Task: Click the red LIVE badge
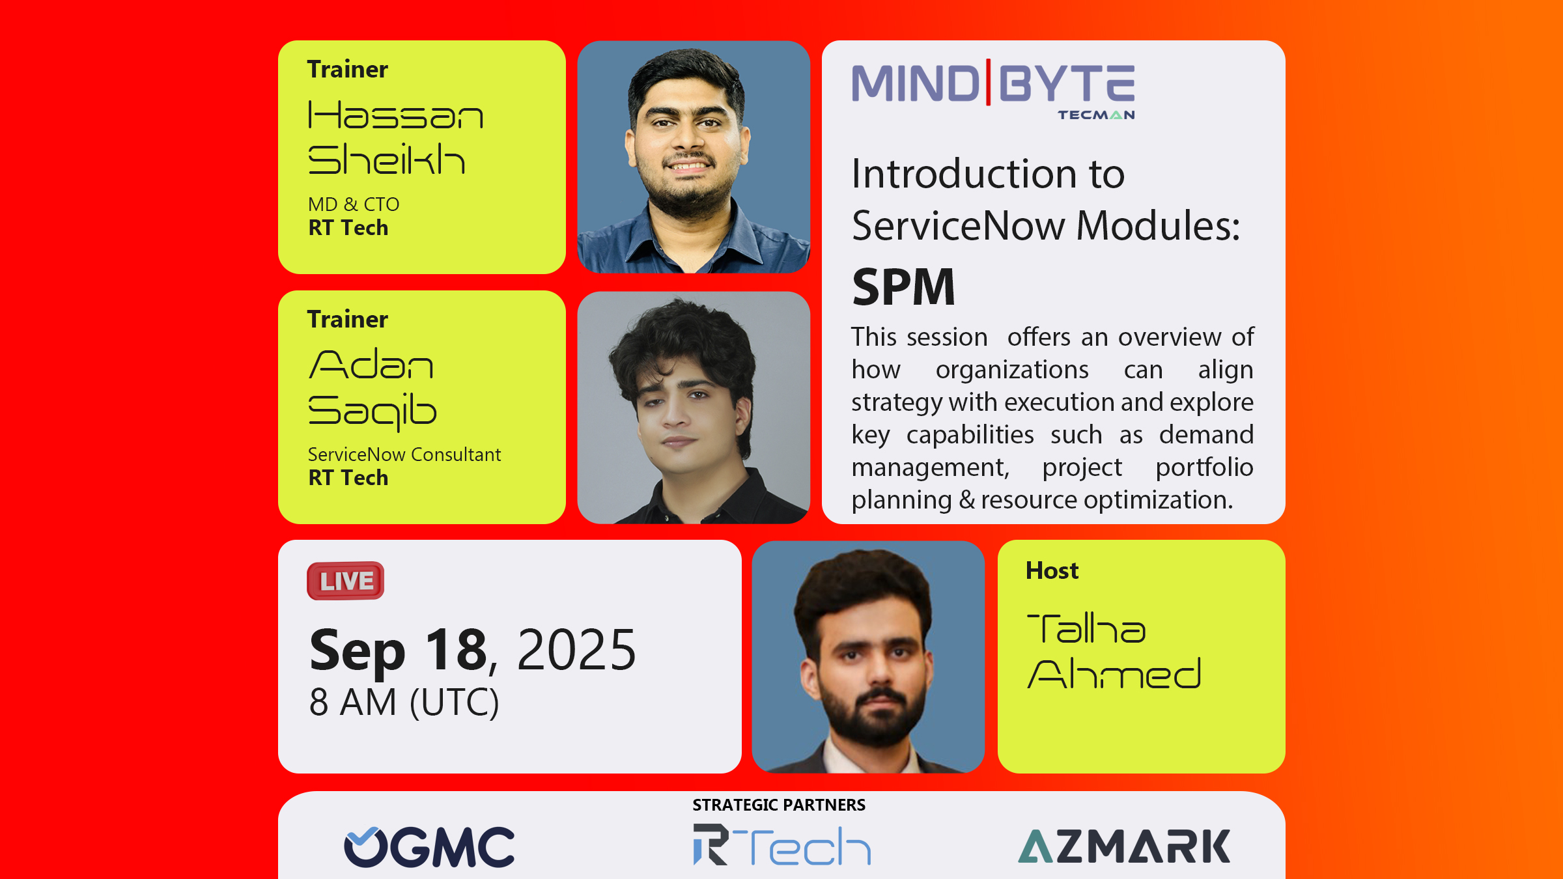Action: pos(345,581)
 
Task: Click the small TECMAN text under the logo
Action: pos(1096,115)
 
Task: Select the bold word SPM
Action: pos(903,287)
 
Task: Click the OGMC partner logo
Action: pos(429,846)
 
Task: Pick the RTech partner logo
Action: pos(781,845)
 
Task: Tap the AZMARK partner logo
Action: pos(1124,846)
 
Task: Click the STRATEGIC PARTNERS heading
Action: pos(779,805)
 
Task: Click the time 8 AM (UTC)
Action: pos(404,703)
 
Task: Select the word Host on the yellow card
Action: pos(1052,570)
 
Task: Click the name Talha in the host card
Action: pos(1086,629)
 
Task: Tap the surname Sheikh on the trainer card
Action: pos(387,160)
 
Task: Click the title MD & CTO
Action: pos(354,204)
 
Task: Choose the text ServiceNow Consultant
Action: pos(404,454)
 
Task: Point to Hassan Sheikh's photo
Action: pos(694,157)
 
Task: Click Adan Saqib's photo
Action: pos(694,408)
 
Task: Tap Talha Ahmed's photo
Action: pos(868,657)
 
